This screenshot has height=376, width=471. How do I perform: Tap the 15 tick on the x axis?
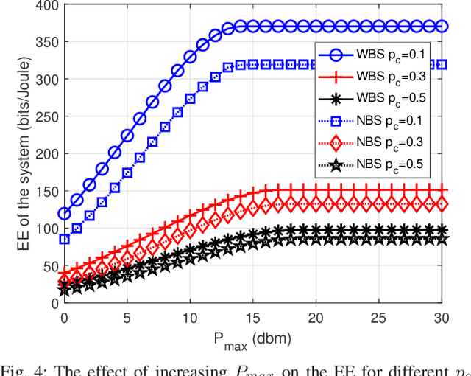coord(252,316)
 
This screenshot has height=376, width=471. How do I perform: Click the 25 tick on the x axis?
coord(378,316)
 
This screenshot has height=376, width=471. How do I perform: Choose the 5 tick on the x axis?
coord(127,316)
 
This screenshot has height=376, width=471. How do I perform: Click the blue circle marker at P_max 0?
coord(64,214)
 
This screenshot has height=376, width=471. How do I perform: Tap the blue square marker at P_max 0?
coord(64,239)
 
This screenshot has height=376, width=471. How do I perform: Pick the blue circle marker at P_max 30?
coord(442,26)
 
